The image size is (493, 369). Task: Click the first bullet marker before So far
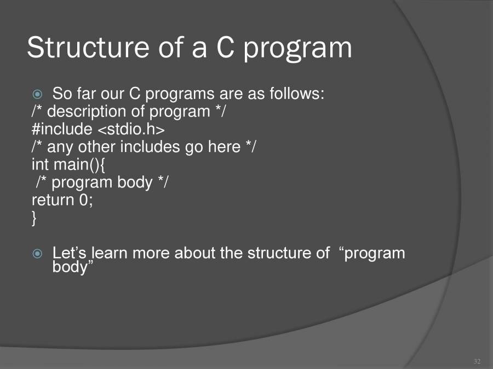(x=37, y=94)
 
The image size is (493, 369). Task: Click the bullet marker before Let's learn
(x=37, y=254)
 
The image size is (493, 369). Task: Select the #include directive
(x=62, y=129)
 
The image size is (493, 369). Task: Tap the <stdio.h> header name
(x=131, y=129)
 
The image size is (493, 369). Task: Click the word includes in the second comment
(x=151, y=147)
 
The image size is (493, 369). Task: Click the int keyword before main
(x=41, y=164)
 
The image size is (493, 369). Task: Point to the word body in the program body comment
(x=135, y=182)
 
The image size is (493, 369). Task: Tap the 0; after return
(x=87, y=200)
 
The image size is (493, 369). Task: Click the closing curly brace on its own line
(x=35, y=218)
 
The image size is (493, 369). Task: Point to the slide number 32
(x=476, y=361)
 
